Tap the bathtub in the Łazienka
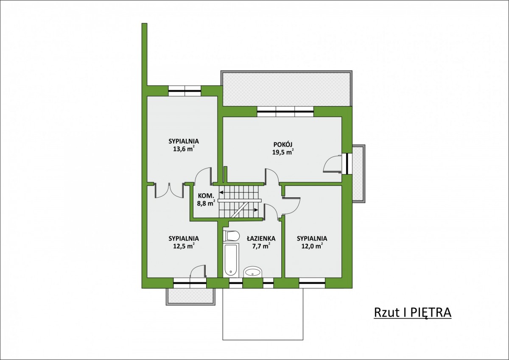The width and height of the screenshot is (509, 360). coord(231,260)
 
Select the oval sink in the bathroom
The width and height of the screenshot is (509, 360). coord(253,272)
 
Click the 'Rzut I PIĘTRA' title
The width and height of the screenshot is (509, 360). coord(412,313)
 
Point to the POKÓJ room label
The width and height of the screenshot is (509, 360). coord(282,145)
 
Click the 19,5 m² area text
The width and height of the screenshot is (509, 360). coord(282,152)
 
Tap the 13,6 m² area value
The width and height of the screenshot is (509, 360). coord(184,149)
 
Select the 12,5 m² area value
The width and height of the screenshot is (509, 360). coord(184,246)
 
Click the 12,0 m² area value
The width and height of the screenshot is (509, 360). coord(312,246)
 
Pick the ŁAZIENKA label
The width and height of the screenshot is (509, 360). coord(261,238)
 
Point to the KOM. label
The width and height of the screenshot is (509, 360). coord(206,195)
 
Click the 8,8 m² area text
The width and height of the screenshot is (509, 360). coord(206,203)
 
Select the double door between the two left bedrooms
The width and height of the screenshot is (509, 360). coord(169,190)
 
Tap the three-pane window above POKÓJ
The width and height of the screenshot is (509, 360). coord(285,112)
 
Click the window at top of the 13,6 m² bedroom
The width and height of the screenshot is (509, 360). coord(185,91)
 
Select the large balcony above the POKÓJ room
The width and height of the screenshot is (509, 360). coord(286,89)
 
